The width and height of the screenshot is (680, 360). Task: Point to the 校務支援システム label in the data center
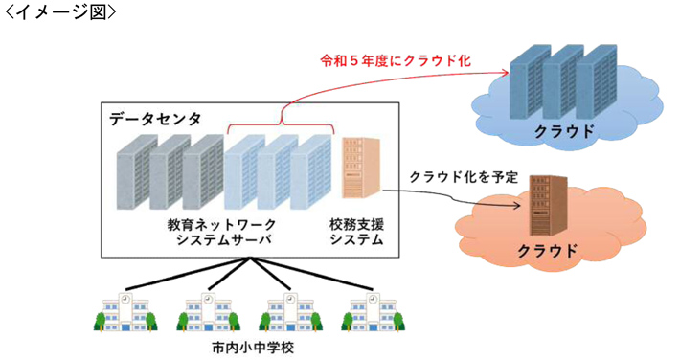click(356, 231)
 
